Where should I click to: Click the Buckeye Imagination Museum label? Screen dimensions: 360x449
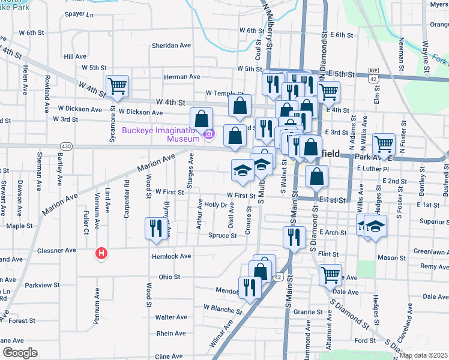[160, 134]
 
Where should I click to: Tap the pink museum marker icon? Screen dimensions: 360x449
[209, 135]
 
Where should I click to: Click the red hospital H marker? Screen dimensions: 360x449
[101, 254]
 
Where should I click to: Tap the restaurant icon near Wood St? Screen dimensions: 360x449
[155, 229]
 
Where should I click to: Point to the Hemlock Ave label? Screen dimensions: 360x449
[173, 256]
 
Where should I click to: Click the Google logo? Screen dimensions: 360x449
[20, 353]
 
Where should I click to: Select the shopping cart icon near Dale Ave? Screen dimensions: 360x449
[330, 274]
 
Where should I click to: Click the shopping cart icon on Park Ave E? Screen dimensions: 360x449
[384, 143]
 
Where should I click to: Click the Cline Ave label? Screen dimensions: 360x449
[169, 356]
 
